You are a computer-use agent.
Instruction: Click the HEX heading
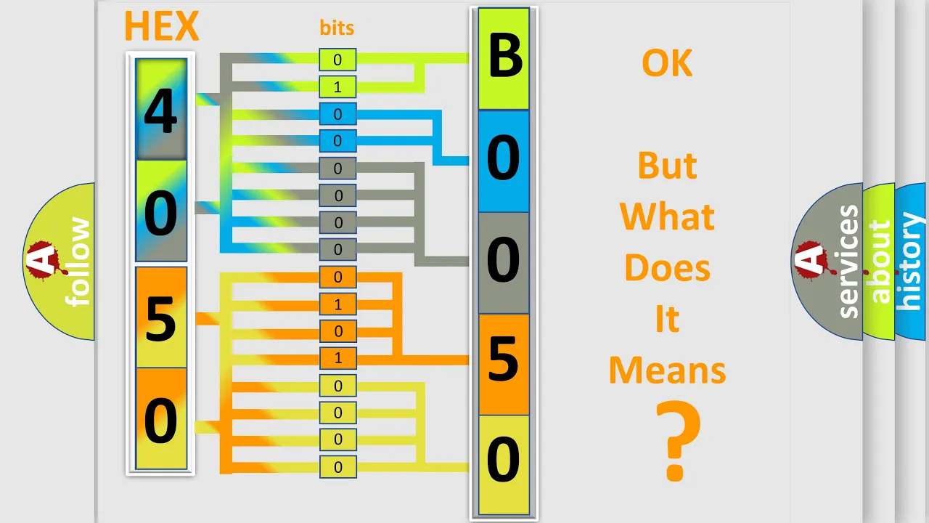161,26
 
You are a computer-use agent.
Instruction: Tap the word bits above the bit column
337,28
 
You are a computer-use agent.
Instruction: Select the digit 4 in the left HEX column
161,111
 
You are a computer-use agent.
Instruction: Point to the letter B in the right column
504,56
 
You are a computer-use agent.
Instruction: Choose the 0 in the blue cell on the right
503,158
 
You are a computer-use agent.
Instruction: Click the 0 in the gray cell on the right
503,259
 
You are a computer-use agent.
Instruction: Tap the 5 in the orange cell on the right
504,358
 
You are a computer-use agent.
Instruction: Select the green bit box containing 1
337,86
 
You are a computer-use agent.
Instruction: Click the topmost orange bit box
337,277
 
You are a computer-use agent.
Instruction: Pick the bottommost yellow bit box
337,466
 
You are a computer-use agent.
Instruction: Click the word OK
667,63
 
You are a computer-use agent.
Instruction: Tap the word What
667,216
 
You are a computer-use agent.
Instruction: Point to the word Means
667,370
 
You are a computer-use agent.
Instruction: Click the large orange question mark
677,440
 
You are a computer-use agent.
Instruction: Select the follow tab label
78,262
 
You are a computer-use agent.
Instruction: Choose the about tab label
880,261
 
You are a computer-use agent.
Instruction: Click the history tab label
910,261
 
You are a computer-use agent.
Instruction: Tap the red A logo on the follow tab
44,259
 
